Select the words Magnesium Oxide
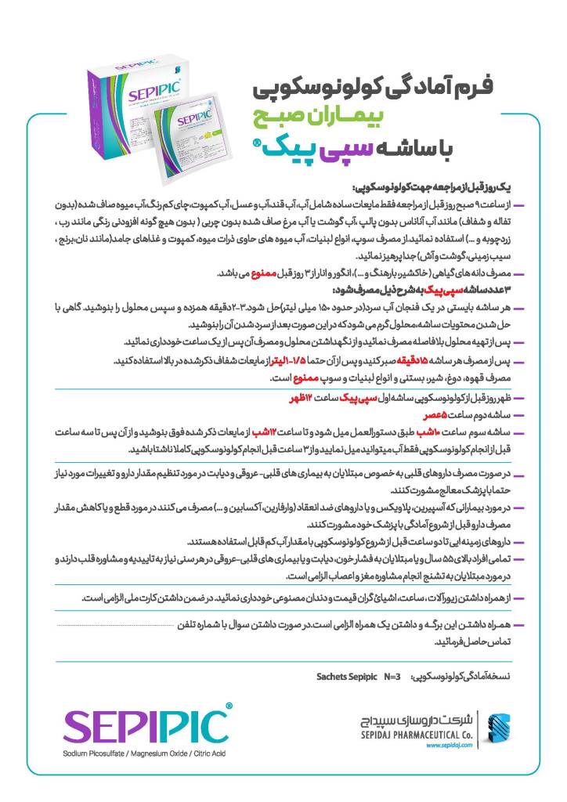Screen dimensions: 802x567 157,753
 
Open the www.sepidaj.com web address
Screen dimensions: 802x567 449,746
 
